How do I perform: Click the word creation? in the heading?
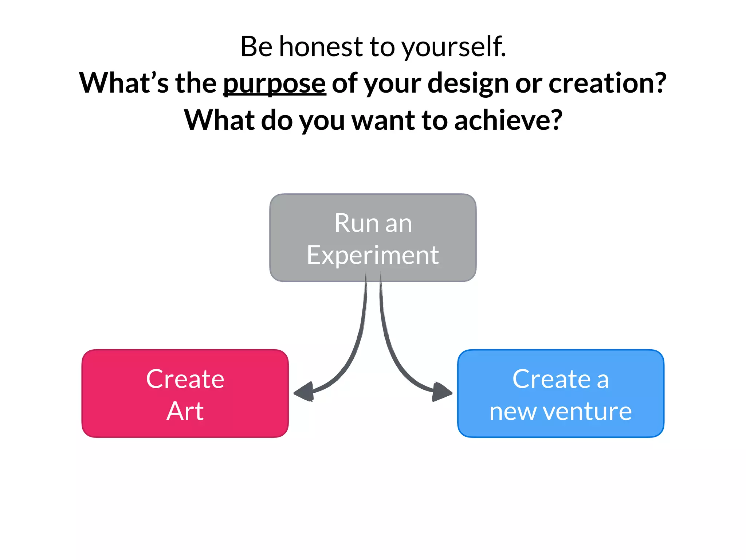(607, 83)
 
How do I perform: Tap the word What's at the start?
(124, 83)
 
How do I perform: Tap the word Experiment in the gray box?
(373, 255)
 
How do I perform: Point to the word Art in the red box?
(185, 411)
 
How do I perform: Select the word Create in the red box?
(185, 379)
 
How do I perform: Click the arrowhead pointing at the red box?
(304, 392)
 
